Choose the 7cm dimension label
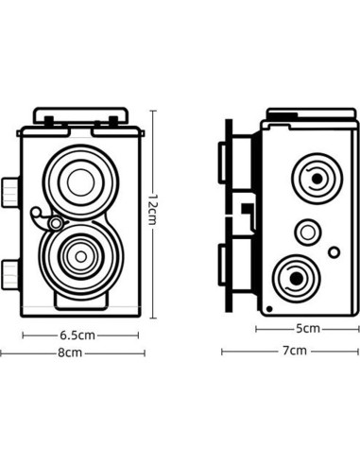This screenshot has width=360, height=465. tap(294, 350)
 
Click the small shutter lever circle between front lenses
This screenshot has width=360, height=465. tap(56, 223)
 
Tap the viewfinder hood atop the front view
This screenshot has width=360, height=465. tap(81, 116)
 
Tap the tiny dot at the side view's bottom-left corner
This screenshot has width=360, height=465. tap(269, 308)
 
